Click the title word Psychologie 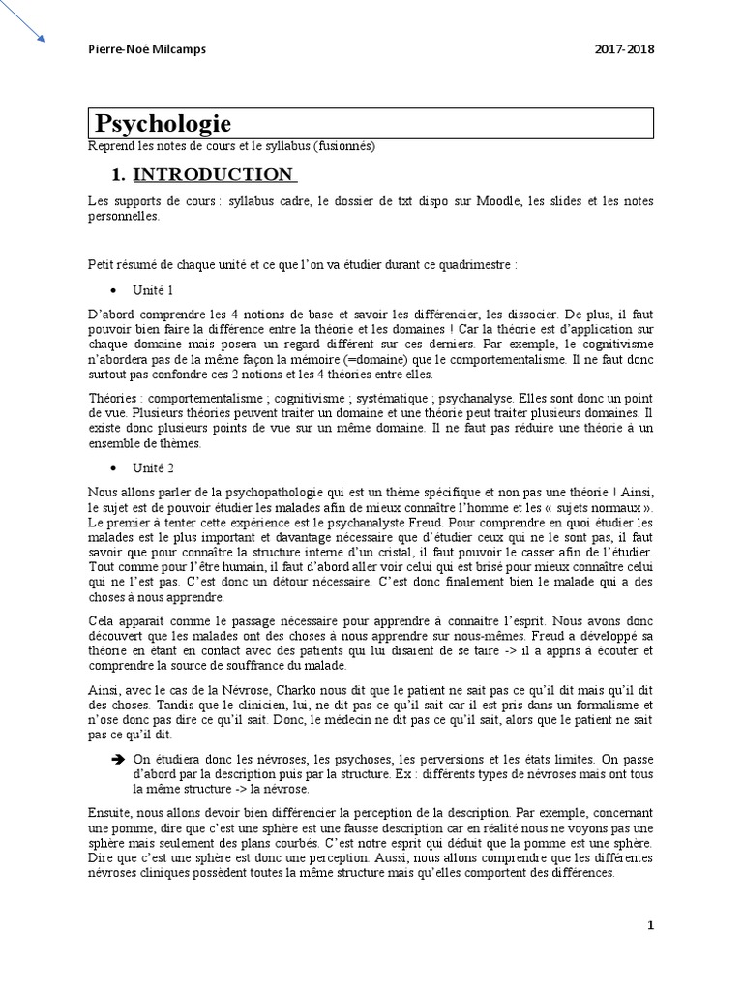point(163,124)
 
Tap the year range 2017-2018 point(625,49)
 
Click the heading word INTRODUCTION point(214,175)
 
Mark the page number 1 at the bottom point(651,925)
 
